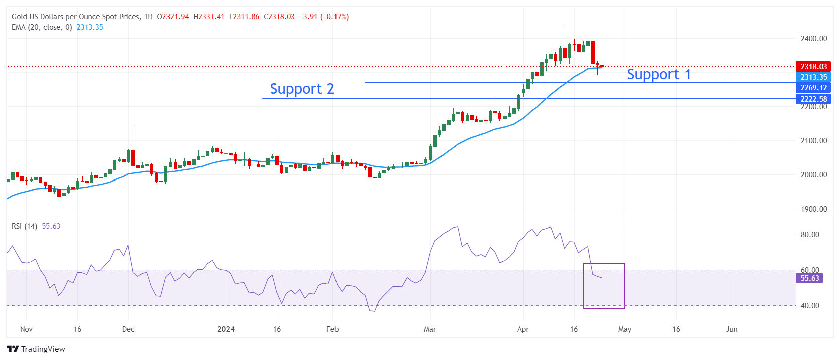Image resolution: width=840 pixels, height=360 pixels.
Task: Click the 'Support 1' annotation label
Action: (x=658, y=75)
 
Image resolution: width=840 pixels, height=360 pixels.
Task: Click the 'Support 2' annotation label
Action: (x=302, y=89)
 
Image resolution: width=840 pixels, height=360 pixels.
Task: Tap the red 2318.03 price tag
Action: (x=813, y=67)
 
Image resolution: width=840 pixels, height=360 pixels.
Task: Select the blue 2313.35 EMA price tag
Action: (x=813, y=77)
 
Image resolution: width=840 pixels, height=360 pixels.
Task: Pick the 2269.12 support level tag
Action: (x=813, y=88)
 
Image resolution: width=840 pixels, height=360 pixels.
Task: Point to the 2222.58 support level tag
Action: (x=813, y=99)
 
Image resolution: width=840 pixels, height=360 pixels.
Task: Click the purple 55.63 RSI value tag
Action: (x=809, y=278)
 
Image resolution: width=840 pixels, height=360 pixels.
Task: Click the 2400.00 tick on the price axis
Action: (x=813, y=39)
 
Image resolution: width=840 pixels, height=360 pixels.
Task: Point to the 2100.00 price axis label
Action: (x=813, y=141)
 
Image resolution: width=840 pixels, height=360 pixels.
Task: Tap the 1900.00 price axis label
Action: (x=813, y=209)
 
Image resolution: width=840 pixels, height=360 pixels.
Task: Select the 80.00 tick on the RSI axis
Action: (x=809, y=235)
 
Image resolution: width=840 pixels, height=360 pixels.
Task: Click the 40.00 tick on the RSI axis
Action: (x=809, y=306)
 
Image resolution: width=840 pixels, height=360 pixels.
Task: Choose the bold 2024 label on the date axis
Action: (x=226, y=329)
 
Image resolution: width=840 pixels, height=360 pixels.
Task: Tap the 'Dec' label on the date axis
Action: (x=128, y=329)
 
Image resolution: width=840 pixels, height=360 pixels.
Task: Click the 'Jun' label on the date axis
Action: (x=732, y=329)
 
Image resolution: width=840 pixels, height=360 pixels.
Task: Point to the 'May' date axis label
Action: (x=625, y=329)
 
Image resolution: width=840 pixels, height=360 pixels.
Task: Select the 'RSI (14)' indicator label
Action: (x=24, y=226)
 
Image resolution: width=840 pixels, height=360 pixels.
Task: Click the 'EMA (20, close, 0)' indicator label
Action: (x=42, y=27)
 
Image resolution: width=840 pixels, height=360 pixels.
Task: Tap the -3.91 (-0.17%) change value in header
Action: (x=324, y=17)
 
